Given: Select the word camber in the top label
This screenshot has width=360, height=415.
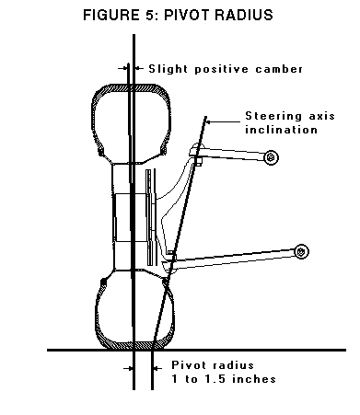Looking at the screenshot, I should [278, 68].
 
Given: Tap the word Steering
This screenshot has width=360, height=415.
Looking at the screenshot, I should [271, 116].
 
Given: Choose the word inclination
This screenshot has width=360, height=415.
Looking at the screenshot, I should [282, 130].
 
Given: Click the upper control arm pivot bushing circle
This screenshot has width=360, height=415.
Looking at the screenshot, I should [271, 158].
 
